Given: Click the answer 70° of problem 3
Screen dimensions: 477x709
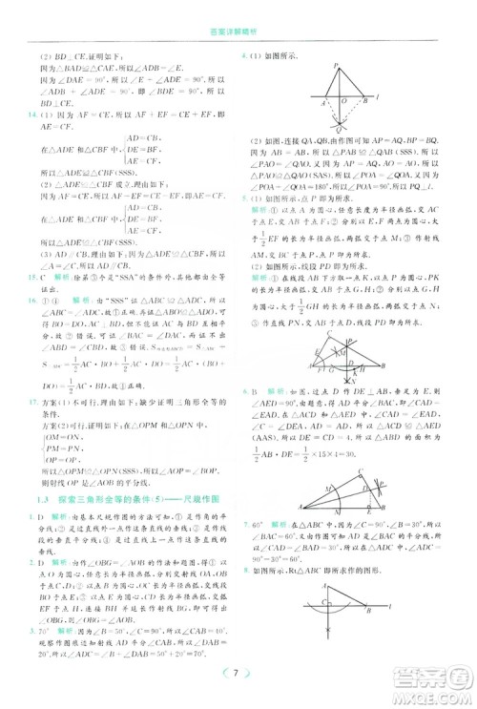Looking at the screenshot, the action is coord(44,631).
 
